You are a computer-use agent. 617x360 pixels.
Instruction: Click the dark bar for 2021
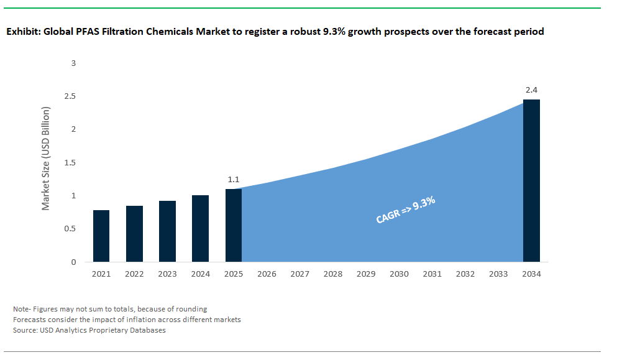coord(101,236)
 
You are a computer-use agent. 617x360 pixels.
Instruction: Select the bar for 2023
coord(167,231)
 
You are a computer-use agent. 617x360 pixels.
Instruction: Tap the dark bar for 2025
coord(233,225)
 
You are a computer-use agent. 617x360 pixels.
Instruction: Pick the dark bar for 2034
coord(531,180)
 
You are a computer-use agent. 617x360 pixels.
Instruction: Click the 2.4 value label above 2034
coord(531,91)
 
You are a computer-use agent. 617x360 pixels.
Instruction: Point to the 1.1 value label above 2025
coord(233,180)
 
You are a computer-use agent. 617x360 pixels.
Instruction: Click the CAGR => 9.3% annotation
coord(405,210)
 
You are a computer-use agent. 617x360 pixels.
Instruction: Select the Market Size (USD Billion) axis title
coord(46,159)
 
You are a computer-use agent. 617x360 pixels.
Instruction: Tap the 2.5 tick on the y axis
coord(70,96)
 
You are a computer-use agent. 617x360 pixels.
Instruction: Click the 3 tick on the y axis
coord(73,63)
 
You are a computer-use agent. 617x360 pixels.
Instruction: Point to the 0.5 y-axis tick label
coord(70,229)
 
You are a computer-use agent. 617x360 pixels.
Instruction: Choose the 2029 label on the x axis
coord(366,274)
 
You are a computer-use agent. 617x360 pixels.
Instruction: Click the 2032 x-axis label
coord(465,274)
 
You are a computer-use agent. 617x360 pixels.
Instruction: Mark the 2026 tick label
coord(267,274)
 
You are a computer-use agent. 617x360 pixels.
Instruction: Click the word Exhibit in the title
coord(23,32)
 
